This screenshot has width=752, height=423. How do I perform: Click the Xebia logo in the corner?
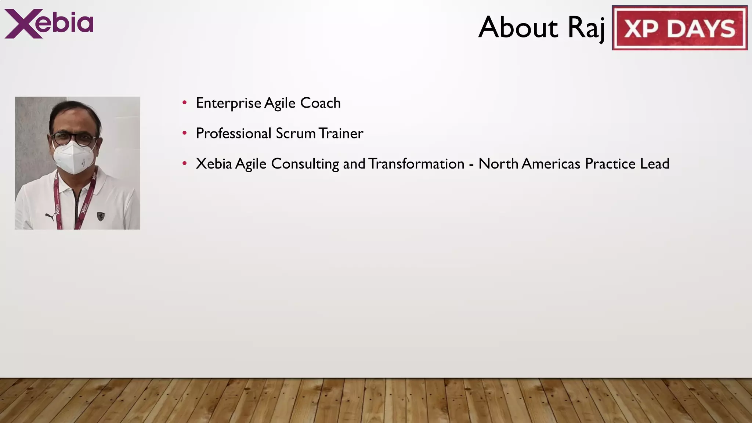[x=49, y=23]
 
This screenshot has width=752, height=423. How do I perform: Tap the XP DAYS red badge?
[x=679, y=28]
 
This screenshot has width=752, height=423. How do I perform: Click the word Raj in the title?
[x=586, y=28]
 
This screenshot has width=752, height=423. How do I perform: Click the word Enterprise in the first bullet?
[x=228, y=103]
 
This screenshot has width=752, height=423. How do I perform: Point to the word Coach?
[x=320, y=103]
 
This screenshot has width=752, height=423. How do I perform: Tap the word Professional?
[x=234, y=133]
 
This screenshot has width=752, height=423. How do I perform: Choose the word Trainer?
[x=341, y=133]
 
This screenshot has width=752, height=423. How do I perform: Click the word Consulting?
[x=305, y=164]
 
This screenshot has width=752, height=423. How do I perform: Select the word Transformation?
[x=416, y=164]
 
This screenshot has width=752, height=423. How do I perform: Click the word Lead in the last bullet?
[x=655, y=164]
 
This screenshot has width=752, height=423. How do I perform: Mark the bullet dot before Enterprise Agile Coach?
[x=185, y=102]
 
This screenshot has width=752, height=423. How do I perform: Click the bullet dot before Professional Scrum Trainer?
[x=185, y=133]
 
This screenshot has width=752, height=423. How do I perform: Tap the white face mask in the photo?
[x=74, y=157]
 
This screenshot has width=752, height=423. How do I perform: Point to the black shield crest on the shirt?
[x=101, y=216]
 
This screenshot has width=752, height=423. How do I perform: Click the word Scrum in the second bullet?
[x=295, y=133]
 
